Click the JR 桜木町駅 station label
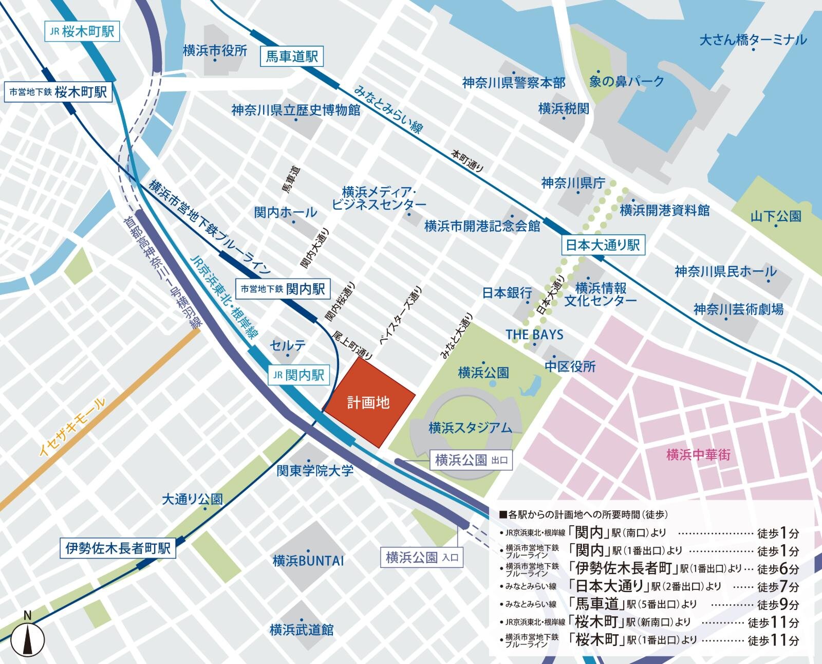click(x=82, y=31)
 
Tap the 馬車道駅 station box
click(x=291, y=56)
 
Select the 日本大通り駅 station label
click(x=602, y=245)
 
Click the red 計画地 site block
click(x=368, y=402)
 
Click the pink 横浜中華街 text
click(x=698, y=454)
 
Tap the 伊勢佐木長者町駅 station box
click(x=118, y=548)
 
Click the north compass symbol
click(x=28, y=637)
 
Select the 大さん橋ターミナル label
click(x=753, y=40)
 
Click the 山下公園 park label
click(x=776, y=216)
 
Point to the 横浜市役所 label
click(x=215, y=50)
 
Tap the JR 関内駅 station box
click(x=298, y=375)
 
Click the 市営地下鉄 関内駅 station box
click(x=283, y=289)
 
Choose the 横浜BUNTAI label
click(x=308, y=560)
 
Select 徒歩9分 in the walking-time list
click(x=778, y=604)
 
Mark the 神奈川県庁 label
click(x=573, y=183)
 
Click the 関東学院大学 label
click(x=315, y=470)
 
